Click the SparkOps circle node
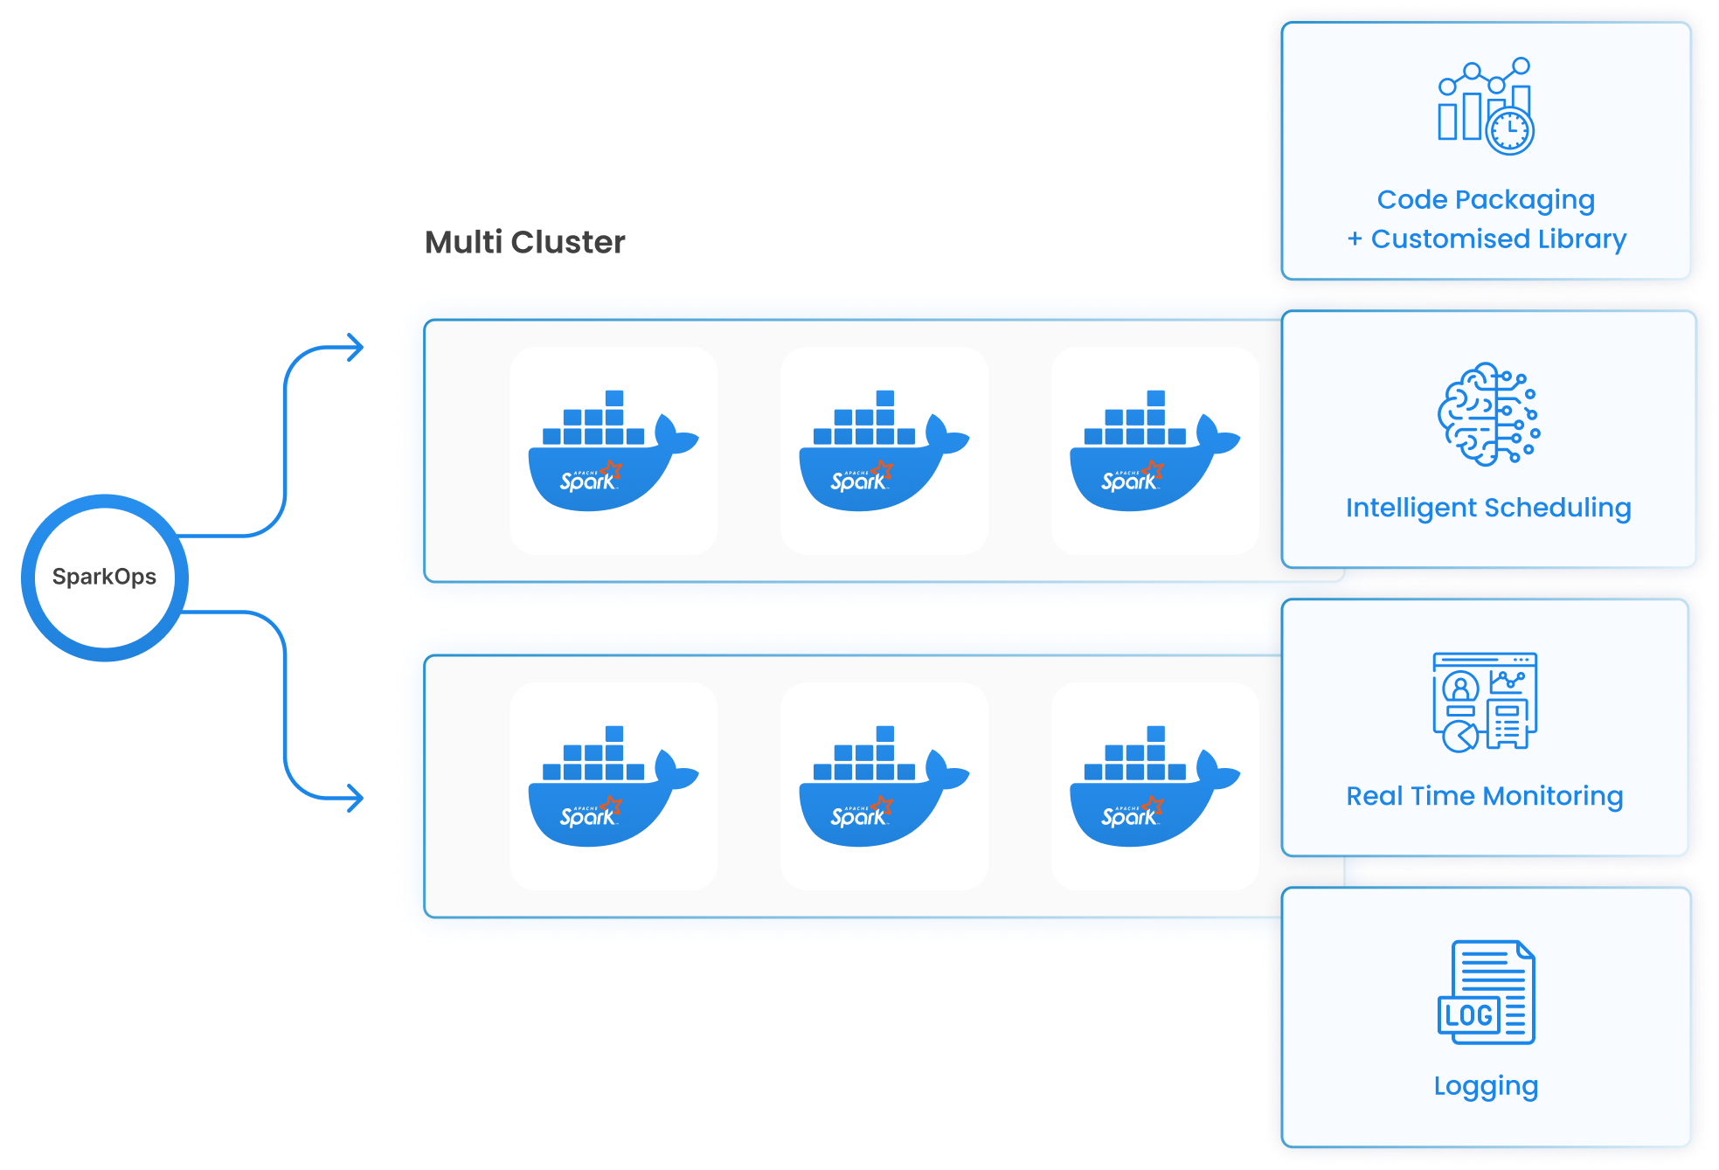tap(105, 577)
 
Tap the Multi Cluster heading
tap(524, 242)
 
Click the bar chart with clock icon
tap(1485, 106)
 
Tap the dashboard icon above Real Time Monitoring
tap(1484, 702)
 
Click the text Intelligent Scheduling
tap(1487, 508)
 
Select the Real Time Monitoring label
tap(1484, 796)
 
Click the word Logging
tap(1486, 1086)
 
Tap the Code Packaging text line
tap(1486, 200)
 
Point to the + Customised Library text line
tap(1486, 239)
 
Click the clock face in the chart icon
tap(1509, 132)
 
